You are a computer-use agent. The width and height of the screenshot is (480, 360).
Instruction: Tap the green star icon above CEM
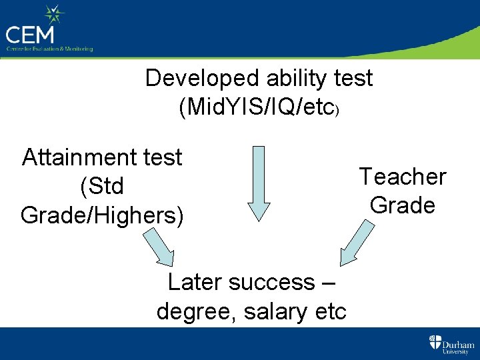click(x=54, y=15)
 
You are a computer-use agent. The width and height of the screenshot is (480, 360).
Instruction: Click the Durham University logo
click(x=451, y=344)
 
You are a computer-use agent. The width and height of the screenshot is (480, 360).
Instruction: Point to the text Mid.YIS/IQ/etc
click(x=259, y=106)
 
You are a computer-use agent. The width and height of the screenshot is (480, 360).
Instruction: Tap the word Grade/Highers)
click(x=102, y=215)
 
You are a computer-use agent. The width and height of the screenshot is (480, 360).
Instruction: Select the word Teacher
click(x=403, y=177)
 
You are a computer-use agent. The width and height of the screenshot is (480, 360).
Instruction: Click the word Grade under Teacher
click(x=403, y=205)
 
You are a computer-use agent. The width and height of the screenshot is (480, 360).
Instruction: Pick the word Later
click(x=194, y=283)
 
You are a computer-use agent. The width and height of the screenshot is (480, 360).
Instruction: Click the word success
click(x=271, y=283)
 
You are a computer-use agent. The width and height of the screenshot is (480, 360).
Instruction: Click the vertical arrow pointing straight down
click(x=258, y=183)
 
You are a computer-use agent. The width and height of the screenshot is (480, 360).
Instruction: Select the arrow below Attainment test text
click(x=161, y=247)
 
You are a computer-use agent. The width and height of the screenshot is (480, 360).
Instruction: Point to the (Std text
click(x=102, y=187)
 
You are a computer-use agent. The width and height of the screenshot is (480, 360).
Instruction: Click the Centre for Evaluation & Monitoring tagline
click(x=49, y=49)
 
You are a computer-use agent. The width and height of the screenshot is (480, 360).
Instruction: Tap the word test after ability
click(x=351, y=79)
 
